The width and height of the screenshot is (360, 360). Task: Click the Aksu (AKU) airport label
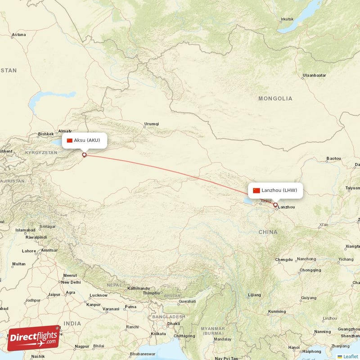tap(84, 140)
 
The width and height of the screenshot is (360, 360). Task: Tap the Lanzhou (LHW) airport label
tap(275, 190)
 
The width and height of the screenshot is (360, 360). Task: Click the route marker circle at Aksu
tap(84, 155)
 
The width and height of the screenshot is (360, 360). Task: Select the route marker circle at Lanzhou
tap(275, 205)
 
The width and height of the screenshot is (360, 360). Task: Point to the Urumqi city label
tap(151, 124)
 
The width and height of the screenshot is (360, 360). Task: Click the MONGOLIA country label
tap(275, 99)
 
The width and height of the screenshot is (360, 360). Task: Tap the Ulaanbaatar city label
tap(314, 75)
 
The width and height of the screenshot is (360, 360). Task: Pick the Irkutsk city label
tap(287, 19)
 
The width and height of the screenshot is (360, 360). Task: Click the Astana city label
tap(19, 35)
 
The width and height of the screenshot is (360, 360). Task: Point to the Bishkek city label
tap(46, 134)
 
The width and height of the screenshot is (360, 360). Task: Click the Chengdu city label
tap(284, 260)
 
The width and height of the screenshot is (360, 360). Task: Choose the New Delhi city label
tap(71, 282)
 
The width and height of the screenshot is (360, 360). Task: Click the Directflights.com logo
tap(33, 337)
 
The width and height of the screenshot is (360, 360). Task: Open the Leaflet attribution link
tap(351, 356)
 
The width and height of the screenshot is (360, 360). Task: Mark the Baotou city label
tap(333, 158)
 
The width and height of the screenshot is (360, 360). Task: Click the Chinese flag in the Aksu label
tap(69, 140)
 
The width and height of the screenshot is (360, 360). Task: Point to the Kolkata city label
tap(158, 333)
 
